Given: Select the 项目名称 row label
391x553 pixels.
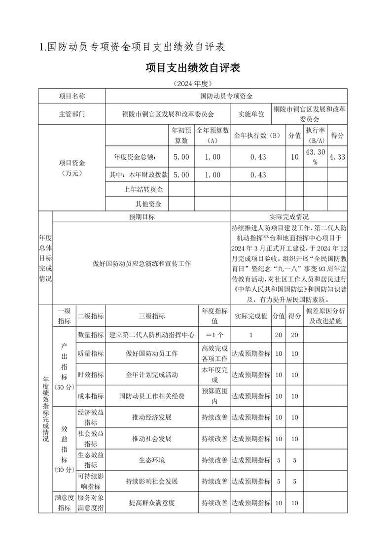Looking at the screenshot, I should coord(72,96).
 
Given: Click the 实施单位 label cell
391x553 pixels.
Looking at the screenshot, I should coord(251,114).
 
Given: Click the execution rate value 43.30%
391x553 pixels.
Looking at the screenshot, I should coord(315,157).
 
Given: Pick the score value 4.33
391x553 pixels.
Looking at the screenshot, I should coord(337,157).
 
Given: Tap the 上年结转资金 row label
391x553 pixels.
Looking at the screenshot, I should coord(143,189).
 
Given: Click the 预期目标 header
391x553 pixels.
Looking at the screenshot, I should coord(142,216).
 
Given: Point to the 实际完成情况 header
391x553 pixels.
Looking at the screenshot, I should coord(289,216).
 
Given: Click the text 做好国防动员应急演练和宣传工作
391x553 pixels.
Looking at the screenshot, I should coord(142,264).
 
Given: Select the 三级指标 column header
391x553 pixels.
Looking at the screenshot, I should coord(152,316).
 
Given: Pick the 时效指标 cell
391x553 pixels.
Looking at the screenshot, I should coord(91,375).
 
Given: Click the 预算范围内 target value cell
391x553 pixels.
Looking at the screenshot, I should coord(214,396).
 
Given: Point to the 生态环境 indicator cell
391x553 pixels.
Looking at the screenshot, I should coord(152,460).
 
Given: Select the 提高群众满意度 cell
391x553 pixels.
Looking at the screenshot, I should coord(152,503).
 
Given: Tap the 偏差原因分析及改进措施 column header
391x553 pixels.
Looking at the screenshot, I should coord(325,316).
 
